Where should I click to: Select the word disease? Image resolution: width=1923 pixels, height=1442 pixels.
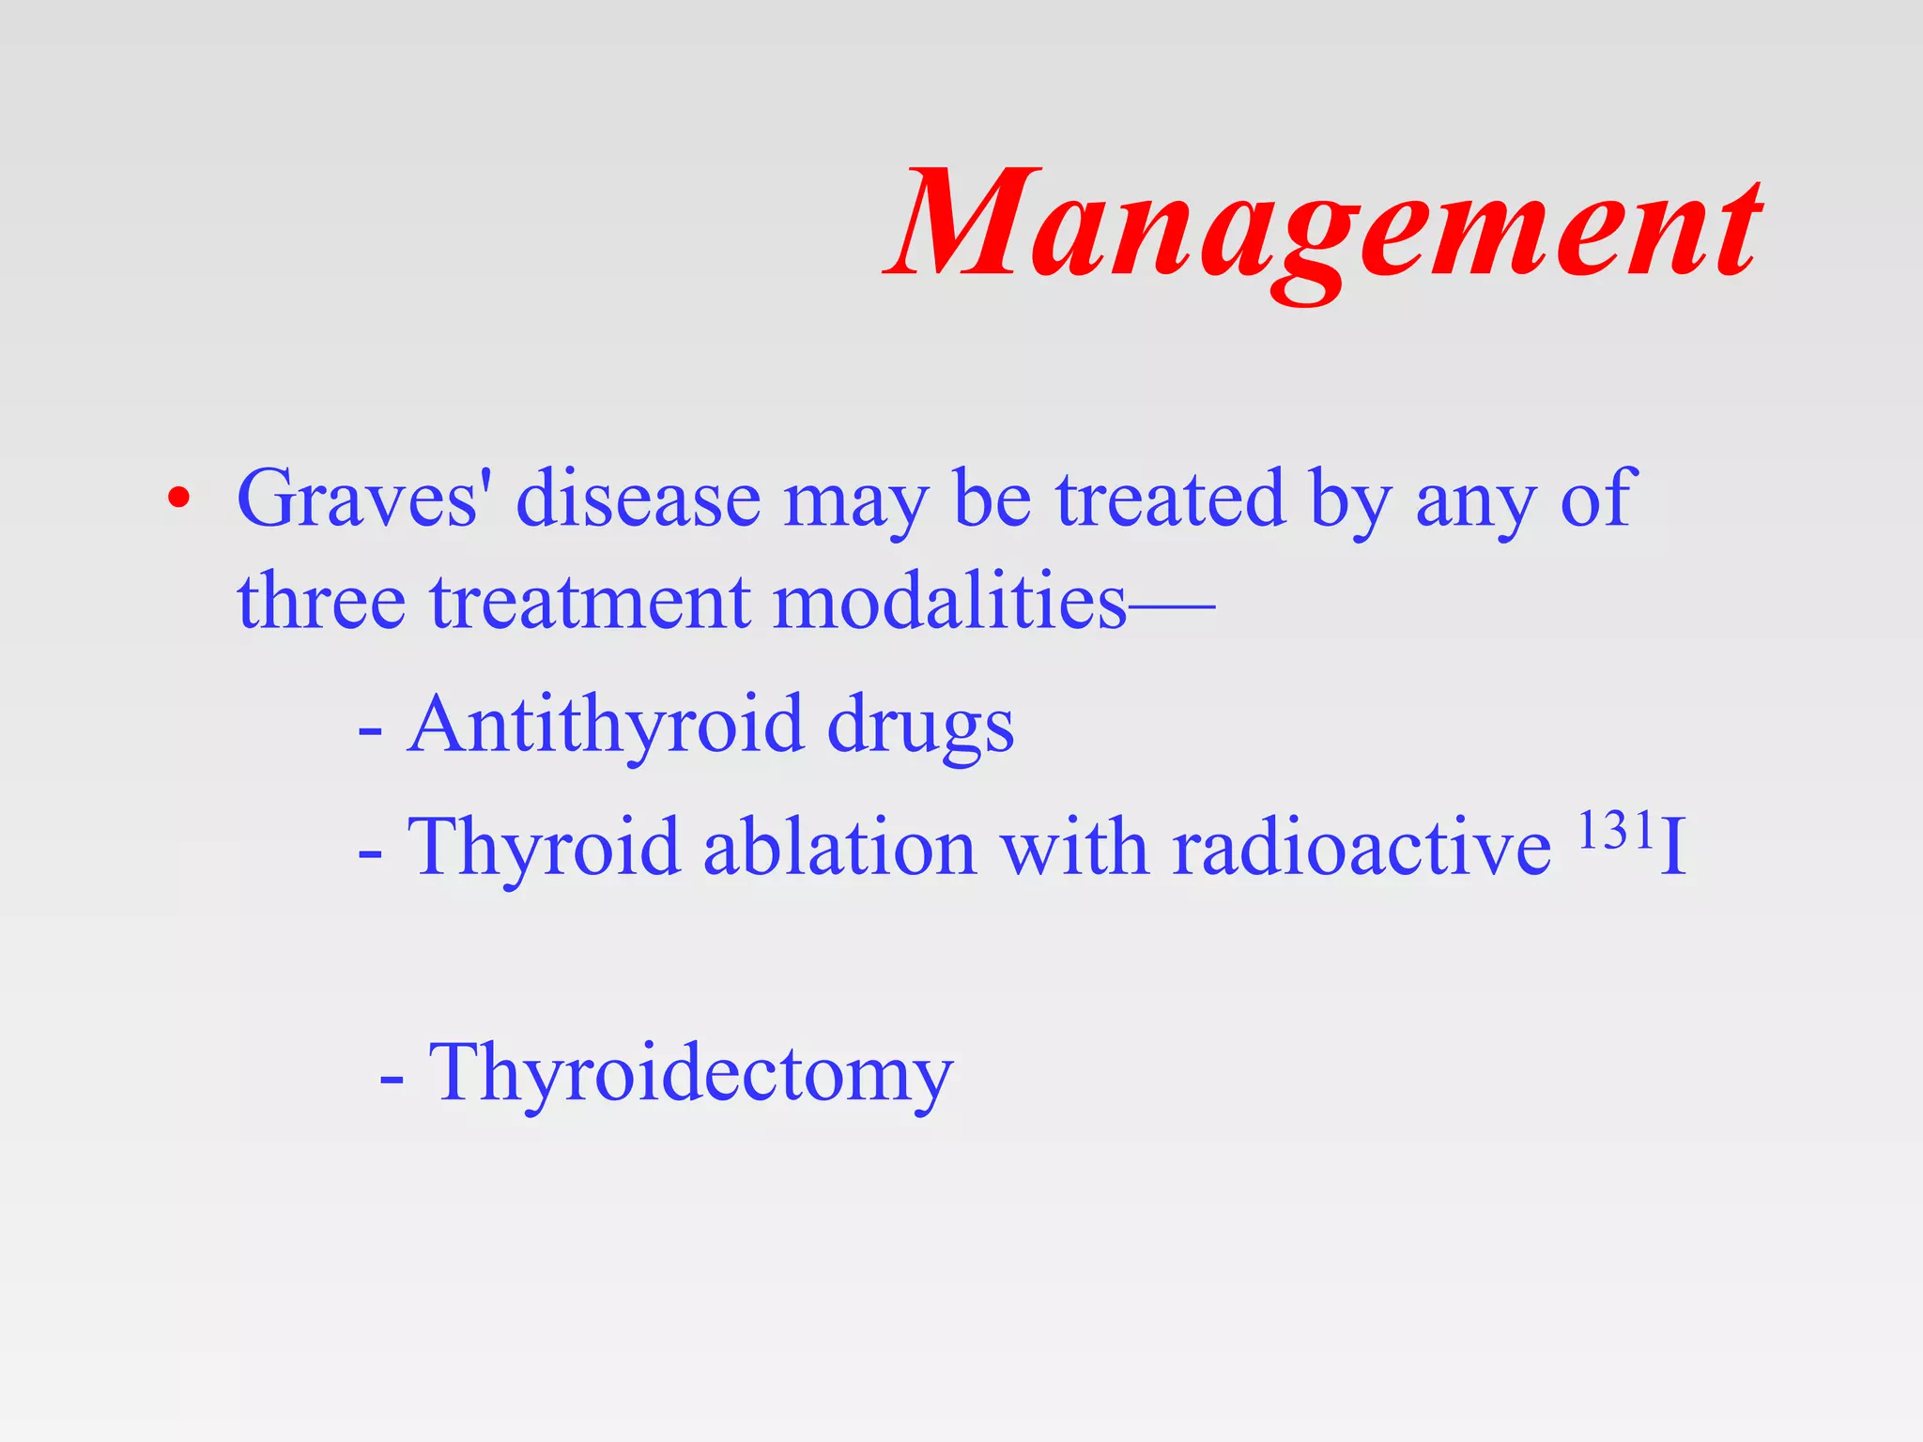tap(638, 499)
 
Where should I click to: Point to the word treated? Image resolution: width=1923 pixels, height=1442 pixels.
tap(1170, 499)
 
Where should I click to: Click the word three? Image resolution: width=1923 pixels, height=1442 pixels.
tap(321, 601)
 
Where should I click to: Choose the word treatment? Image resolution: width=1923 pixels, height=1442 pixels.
tap(590, 601)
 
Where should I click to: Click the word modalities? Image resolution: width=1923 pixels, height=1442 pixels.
tap(948, 601)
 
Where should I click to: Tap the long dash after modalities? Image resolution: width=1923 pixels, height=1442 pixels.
tap(1172, 606)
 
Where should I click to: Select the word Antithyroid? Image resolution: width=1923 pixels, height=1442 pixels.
tap(606, 725)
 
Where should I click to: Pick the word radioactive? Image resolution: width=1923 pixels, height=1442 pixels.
tap(1361, 848)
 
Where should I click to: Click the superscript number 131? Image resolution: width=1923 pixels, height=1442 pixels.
tap(1615, 830)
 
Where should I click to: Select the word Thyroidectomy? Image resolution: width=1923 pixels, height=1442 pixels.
tap(691, 1073)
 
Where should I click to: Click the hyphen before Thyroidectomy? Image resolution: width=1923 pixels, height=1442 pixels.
tap(392, 1080)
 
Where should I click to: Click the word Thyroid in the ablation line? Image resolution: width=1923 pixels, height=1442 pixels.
tap(543, 848)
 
